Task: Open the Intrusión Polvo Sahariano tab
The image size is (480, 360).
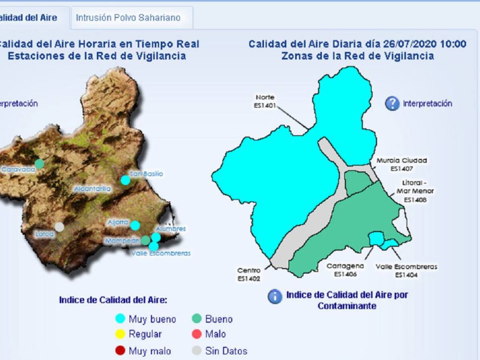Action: [128, 18]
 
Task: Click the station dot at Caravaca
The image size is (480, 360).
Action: [39, 164]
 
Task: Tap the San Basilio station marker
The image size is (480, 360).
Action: [126, 180]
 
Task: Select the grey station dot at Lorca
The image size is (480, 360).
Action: [59, 227]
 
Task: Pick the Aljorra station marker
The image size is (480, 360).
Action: [135, 226]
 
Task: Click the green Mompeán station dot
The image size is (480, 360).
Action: [146, 240]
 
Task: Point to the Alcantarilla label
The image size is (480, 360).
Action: [92, 189]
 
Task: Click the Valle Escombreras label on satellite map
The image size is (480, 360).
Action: [161, 253]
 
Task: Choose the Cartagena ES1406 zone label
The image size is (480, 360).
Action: [345, 270]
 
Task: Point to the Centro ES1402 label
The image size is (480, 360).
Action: [248, 274]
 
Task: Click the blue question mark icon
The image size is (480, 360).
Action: [392, 104]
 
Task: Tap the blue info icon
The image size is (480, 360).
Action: [275, 296]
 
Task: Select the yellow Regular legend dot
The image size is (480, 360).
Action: [120, 334]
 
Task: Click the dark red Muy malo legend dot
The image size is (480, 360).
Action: [120, 351]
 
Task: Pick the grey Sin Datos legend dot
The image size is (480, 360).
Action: [196, 351]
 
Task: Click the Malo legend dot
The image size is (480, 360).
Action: [196, 334]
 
